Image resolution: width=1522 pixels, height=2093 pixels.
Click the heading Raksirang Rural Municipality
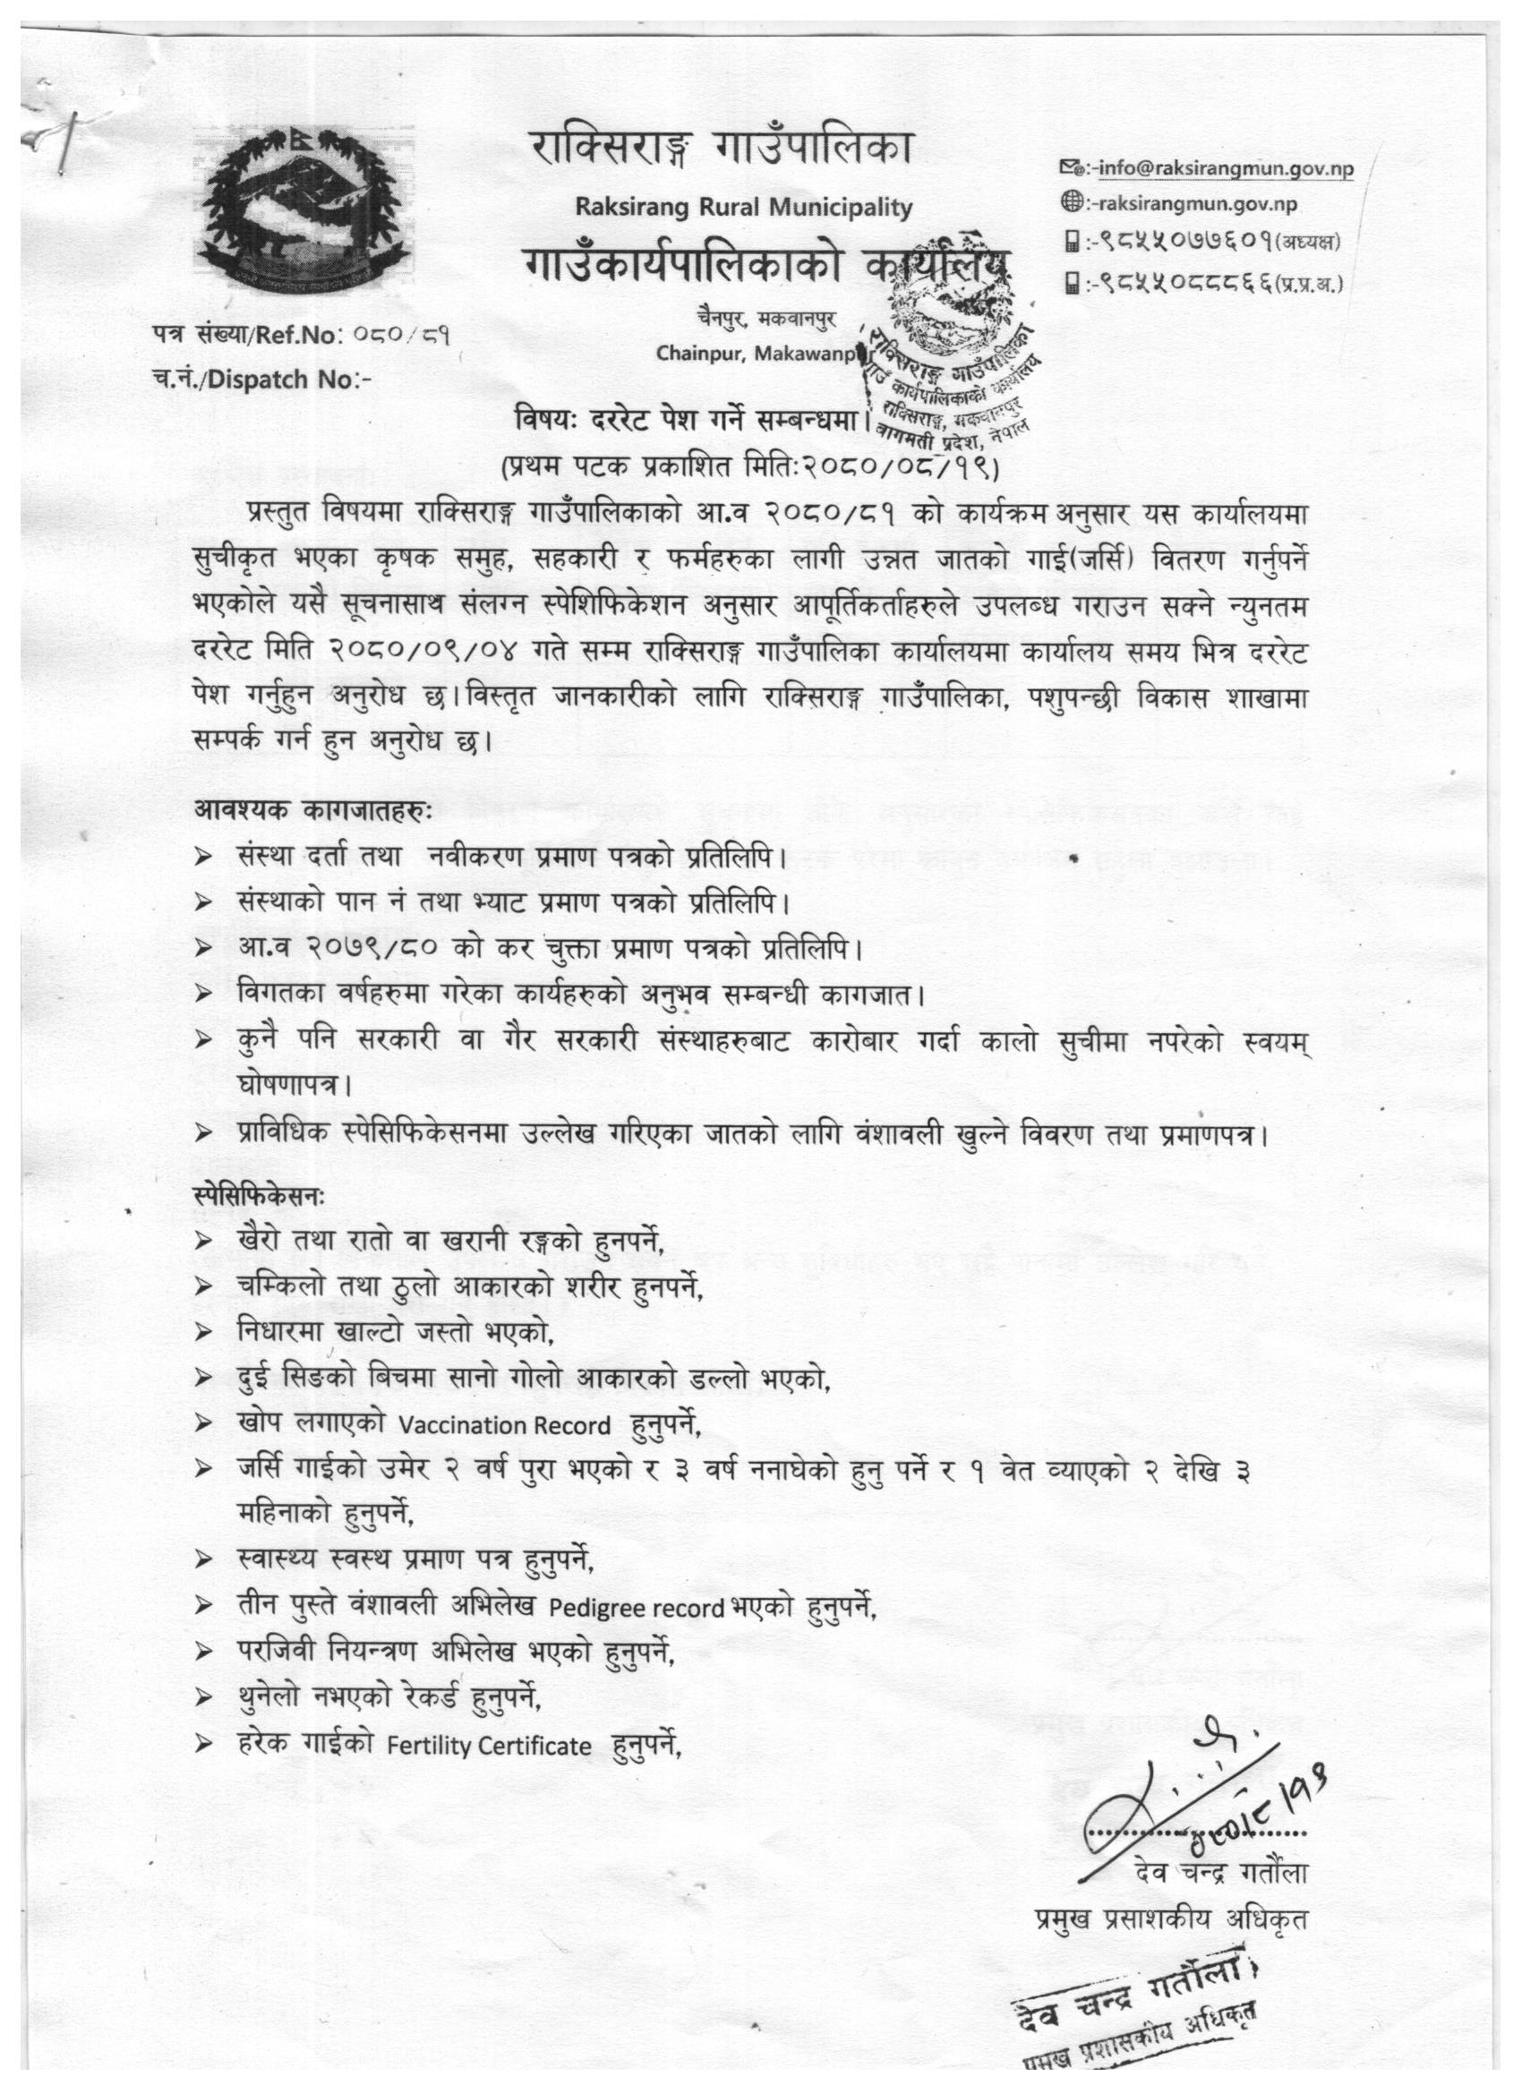point(743,208)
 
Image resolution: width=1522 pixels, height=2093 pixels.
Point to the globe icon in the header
point(1072,205)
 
